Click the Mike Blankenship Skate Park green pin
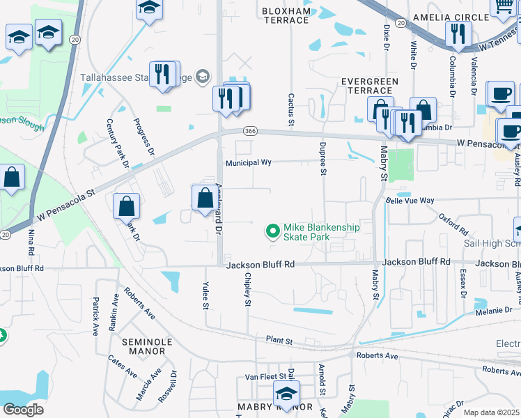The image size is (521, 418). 272,230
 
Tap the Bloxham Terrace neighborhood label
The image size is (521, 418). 285,15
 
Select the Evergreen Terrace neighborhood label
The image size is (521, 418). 369,86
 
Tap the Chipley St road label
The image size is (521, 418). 247,288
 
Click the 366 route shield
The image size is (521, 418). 251,130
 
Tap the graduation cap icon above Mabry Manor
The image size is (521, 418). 286,394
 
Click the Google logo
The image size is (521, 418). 23,410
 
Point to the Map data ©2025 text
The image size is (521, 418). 490,412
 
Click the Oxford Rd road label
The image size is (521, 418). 454,224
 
